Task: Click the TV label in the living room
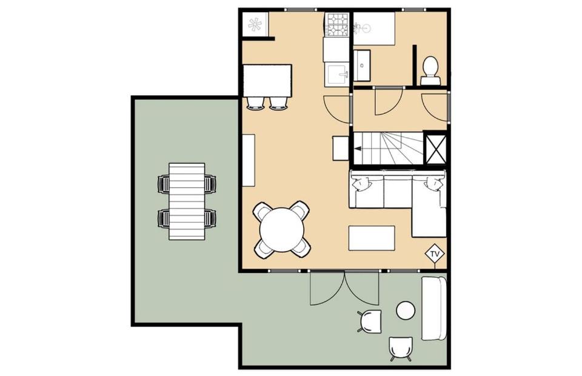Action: pos(435,254)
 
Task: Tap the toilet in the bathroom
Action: pos(430,71)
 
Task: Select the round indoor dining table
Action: pos(282,230)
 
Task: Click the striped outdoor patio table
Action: pos(187,201)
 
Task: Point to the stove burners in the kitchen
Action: pos(336,24)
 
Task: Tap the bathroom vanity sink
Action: pos(361,65)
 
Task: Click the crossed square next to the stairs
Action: pos(435,148)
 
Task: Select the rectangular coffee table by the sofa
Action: pos(372,238)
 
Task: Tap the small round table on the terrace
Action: pos(406,311)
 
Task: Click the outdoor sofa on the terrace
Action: pos(433,308)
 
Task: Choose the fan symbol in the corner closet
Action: pos(255,24)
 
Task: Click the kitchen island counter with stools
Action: pos(267,81)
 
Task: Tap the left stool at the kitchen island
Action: pos(255,103)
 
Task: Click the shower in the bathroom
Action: pos(373,29)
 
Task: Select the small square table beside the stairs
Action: pos(340,148)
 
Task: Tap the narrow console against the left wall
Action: pos(249,160)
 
